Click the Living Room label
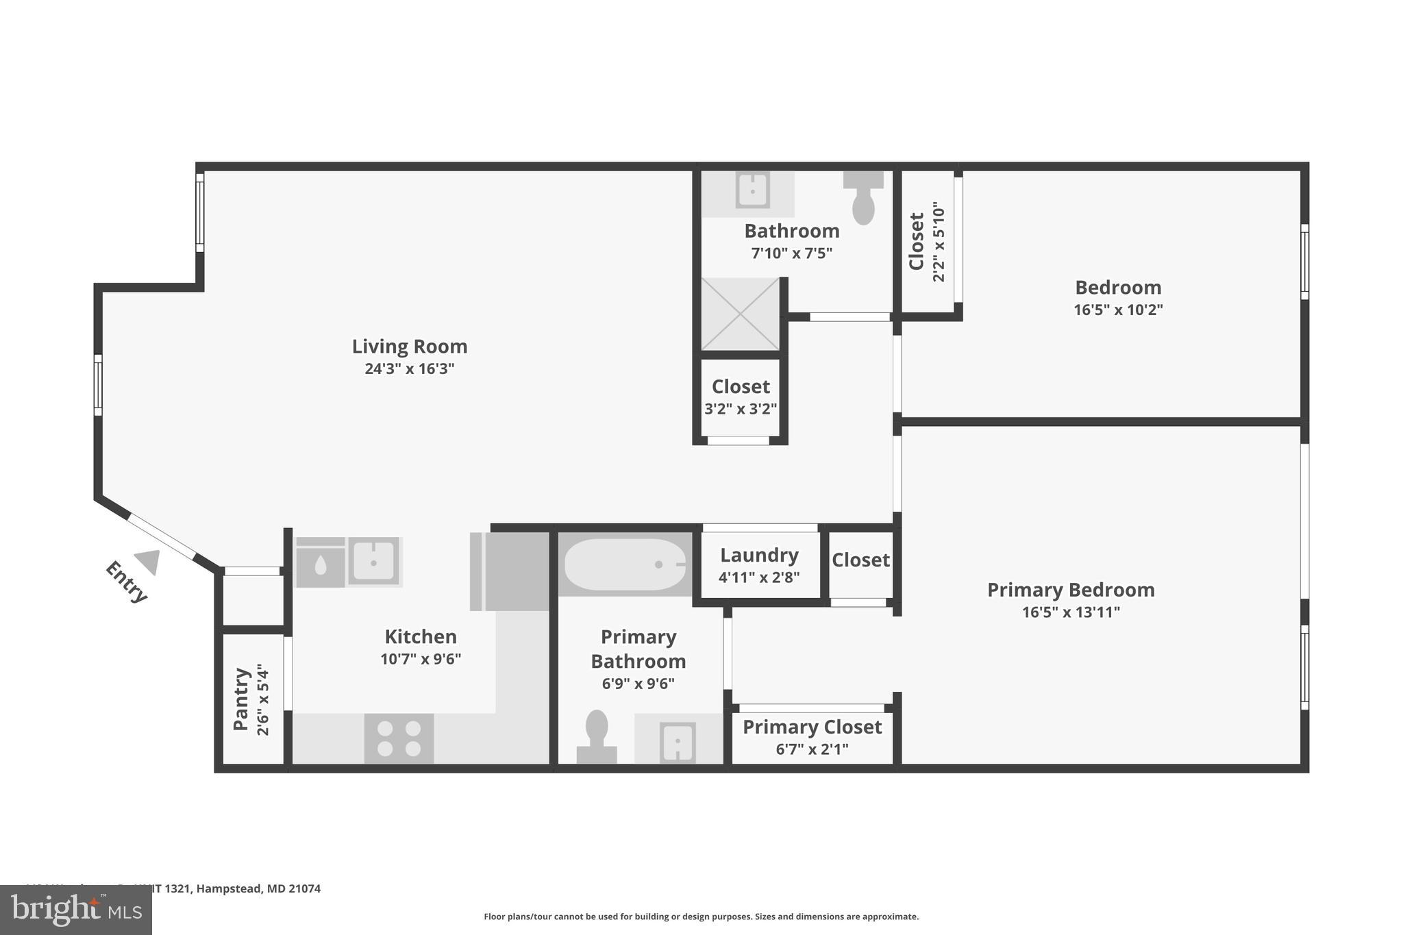[409, 347]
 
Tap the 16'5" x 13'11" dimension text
[1070, 612]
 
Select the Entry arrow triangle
[149, 562]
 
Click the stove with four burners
[399, 738]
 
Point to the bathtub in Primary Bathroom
[624, 564]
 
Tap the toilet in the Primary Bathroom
[597, 736]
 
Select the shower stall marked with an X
[741, 314]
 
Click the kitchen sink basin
[373, 562]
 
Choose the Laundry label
[759, 555]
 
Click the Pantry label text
[240, 699]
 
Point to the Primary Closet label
[812, 727]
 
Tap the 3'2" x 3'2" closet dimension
[741, 410]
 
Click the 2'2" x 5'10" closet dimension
[939, 241]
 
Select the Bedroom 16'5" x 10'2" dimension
[1117, 310]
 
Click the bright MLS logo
[76, 910]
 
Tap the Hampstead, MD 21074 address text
[259, 888]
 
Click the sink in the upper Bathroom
[752, 190]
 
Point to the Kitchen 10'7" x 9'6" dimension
[421, 659]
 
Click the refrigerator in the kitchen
[510, 571]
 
